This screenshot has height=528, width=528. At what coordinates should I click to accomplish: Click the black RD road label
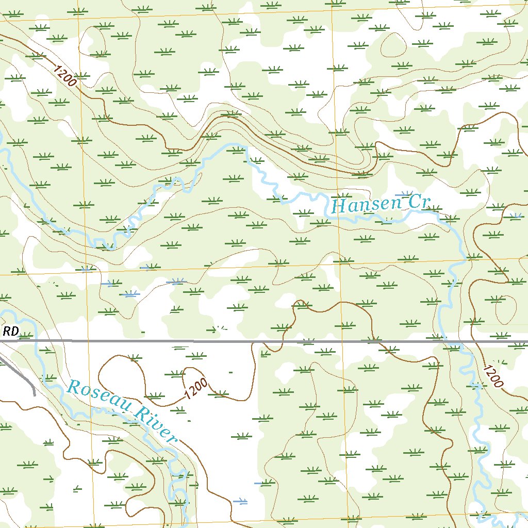(x=10, y=332)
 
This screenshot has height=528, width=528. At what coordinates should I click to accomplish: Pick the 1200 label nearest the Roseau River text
(x=195, y=388)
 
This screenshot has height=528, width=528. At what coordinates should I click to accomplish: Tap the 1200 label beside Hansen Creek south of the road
(x=492, y=376)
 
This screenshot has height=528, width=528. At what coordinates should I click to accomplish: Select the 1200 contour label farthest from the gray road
(x=64, y=75)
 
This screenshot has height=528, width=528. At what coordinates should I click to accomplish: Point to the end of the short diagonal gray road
(x=34, y=394)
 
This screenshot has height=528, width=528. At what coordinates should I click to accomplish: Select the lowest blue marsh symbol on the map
(x=240, y=501)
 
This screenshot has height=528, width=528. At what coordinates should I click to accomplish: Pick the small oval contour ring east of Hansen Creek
(x=503, y=309)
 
